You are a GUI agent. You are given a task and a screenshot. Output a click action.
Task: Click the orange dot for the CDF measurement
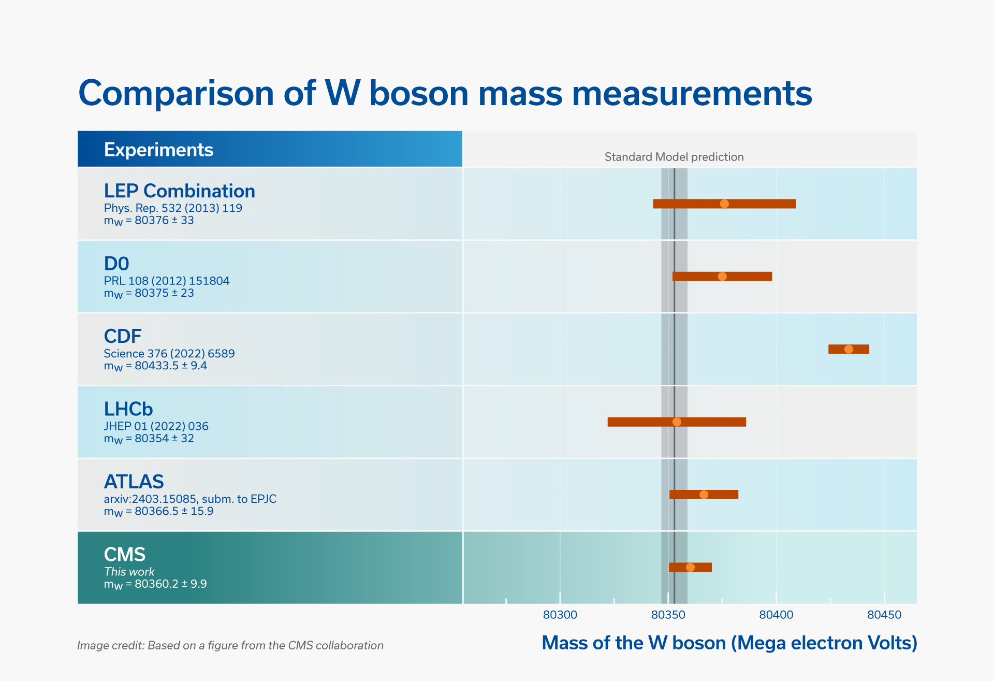849,349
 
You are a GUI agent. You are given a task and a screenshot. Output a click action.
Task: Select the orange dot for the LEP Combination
724,204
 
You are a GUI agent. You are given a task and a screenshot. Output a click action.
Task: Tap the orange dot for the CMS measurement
690,567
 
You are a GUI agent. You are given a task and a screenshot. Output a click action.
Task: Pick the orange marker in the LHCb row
677,422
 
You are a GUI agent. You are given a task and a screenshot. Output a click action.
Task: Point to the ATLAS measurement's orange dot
704,495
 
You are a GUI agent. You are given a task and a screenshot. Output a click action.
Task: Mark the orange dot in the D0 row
722,277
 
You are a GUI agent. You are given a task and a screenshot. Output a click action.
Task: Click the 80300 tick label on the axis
560,615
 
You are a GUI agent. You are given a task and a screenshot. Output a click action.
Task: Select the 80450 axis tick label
884,615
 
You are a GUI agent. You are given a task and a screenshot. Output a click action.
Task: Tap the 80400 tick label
776,615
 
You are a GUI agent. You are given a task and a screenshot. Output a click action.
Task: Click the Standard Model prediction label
674,157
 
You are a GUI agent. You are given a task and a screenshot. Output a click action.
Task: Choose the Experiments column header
158,150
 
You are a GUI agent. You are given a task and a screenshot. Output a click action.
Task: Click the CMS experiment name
124,554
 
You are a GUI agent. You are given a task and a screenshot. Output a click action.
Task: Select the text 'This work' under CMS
129,572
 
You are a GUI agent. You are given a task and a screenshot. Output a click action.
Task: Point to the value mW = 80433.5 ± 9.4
155,366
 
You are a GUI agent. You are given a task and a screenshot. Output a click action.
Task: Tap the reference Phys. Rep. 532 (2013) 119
173,208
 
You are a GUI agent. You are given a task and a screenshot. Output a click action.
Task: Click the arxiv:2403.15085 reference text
190,499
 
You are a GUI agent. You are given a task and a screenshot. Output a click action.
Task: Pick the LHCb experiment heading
128,409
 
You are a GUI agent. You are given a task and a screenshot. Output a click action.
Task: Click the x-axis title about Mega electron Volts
729,643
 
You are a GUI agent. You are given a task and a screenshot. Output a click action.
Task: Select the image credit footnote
230,645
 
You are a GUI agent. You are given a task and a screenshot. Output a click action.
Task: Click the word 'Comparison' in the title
176,93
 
